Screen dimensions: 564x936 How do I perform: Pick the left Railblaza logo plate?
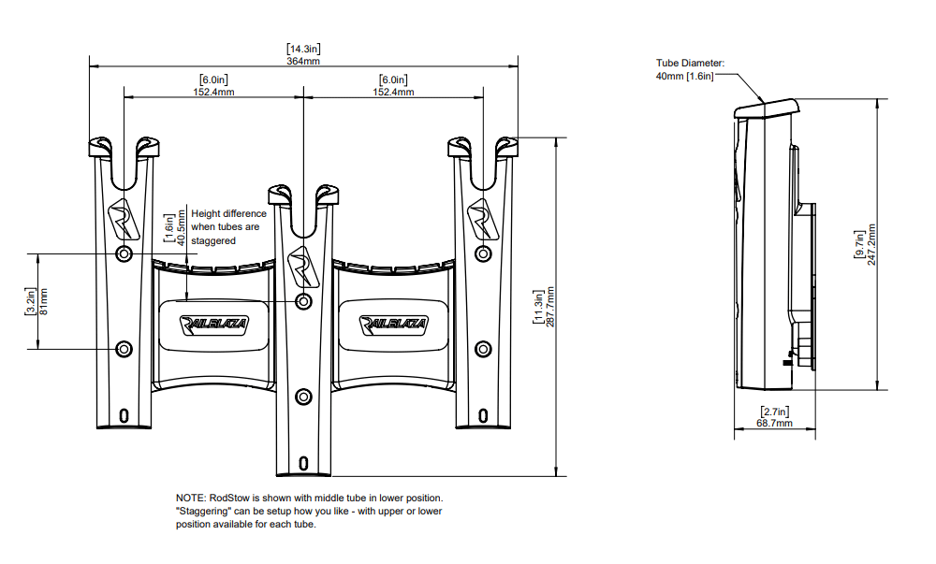click(214, 324)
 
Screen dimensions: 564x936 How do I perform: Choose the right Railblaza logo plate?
click(394, 324)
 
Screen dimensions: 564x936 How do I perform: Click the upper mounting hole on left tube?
click(124, 254)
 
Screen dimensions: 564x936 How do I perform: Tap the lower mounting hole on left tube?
click(124, 349)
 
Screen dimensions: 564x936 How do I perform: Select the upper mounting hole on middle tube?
click(303, 301)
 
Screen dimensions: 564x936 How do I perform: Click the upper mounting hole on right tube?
click(483, 254)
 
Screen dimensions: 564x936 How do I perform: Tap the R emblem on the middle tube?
click(302, 263)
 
